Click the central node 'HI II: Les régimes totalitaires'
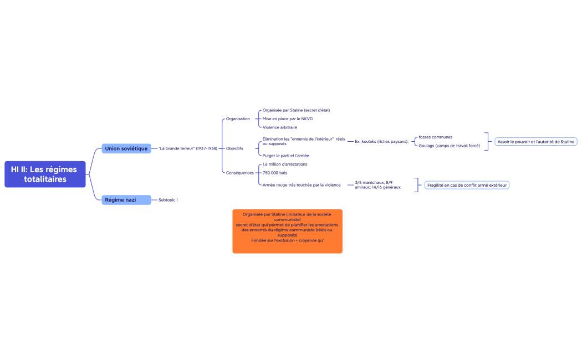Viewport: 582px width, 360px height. (45, 174)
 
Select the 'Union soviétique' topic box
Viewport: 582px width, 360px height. (126, 148)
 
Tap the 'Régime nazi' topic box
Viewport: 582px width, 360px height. (126, 200)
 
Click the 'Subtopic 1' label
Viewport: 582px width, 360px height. (168, 200)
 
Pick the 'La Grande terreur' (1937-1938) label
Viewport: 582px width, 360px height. (188, 148)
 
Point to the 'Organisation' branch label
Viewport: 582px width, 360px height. (238, 119)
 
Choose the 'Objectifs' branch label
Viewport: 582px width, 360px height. (234, 148)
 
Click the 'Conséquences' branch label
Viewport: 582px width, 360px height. (240, 173)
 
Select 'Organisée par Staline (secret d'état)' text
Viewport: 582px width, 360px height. (296, 110)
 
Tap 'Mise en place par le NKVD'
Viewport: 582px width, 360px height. (288, 119)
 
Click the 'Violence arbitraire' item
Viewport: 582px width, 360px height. (280, 127)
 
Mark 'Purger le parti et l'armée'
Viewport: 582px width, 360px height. (286, 156)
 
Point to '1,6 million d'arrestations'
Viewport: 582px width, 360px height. (285, 164)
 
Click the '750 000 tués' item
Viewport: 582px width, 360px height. (275, 173)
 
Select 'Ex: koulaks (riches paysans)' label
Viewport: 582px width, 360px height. (381, 142)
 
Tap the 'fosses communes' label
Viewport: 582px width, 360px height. (435, 137)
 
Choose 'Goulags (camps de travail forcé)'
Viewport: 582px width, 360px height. (449, 146)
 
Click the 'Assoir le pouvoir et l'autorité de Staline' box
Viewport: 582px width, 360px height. (536, 142)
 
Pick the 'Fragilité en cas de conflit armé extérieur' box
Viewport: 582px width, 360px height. (467, 185)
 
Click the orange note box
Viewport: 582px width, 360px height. (287, 232)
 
